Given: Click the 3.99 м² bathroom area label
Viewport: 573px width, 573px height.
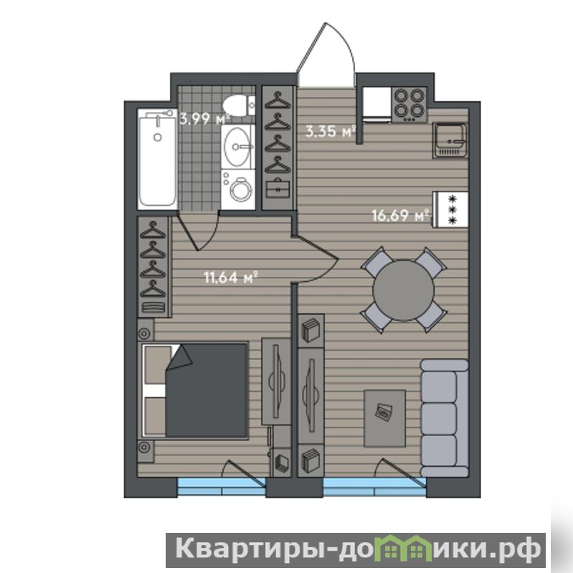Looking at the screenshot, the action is [205, 119].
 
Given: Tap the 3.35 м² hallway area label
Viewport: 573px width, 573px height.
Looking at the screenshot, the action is [331, 131].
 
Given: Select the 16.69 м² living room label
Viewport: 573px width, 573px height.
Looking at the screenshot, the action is [400, 216].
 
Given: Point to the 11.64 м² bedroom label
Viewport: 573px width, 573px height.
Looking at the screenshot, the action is [231, 278].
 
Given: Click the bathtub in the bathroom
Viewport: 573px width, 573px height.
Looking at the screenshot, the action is [158, 159].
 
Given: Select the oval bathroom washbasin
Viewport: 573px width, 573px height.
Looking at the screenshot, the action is [238, 147].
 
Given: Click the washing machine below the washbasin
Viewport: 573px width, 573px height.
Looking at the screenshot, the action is [238, 189].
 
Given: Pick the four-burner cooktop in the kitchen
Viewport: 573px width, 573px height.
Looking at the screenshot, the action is [409, 105].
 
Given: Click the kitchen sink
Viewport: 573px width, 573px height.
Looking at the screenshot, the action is [450, 140].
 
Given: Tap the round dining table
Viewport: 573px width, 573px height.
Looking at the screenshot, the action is [404, 290].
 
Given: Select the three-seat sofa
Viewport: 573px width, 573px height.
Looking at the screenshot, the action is [445, 418].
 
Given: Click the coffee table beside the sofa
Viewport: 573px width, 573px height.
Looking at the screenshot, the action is [385, 418].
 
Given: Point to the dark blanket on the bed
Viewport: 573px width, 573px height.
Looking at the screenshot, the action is [207, 390].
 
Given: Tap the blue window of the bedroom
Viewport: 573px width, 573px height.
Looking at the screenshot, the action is [222, 487].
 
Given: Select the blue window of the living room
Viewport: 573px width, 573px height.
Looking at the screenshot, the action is [375, 487].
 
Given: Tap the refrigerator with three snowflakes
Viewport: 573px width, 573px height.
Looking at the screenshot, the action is [450, 209].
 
